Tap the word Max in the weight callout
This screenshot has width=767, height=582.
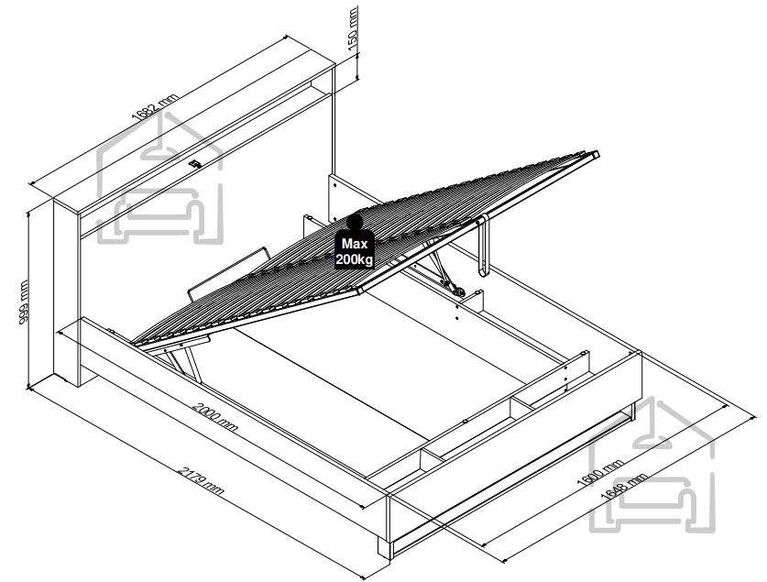(x=355, y=244)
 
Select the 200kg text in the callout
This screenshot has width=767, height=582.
(x=355, y=258)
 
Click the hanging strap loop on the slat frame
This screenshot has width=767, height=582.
(x=483, y=247)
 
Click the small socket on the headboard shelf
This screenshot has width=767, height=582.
(x=194, y=163)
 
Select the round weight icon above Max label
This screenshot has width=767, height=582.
(x=355, y=223)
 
